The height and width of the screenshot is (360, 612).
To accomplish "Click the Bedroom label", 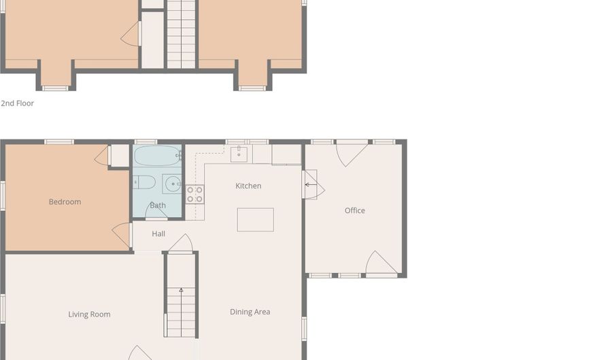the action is point(65,202).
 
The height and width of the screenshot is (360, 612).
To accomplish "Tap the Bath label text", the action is point(158,206).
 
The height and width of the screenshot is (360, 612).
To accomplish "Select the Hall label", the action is point(158,234).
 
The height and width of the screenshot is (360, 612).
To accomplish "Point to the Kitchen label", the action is point(248,186).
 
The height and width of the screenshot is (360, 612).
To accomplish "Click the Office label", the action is point(355,210).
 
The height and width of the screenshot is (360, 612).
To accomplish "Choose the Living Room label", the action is point(89,314).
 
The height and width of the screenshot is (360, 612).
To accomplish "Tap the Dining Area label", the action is point(250,312).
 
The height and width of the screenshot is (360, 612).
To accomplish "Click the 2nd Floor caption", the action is point(17,103).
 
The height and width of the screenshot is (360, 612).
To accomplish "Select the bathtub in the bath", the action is point(158,156).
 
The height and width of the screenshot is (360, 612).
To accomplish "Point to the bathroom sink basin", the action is point(173,184).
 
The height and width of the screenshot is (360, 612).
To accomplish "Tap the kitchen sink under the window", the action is point(239,154).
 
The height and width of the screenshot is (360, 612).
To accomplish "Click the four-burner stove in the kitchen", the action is point(194,194).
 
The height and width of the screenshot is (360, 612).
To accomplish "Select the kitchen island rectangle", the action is point(255,220).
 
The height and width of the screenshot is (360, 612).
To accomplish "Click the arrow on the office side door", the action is point(311,184).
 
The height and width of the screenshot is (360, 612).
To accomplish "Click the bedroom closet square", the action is point(119,156).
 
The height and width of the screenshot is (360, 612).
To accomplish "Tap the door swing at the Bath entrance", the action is point(156,210).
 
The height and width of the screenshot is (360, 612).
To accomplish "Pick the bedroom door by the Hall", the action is point(122,235).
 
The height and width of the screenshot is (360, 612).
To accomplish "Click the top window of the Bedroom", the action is point(59,142).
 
